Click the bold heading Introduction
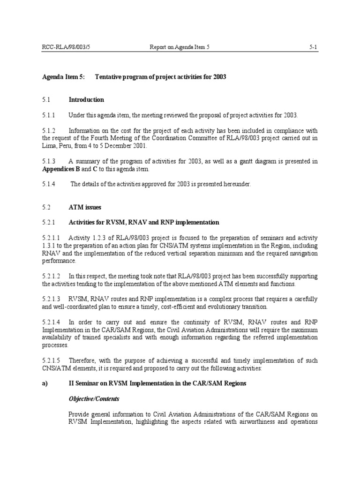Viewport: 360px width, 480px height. click(x=86, y=100)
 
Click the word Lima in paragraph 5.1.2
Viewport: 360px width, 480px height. click(x=49, y=146)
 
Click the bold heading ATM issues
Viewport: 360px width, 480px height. click(x=84, y=207)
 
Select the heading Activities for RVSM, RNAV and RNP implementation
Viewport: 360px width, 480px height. click(x=143, y=222)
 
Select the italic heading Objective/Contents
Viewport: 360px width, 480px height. click(x=94, y=399)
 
